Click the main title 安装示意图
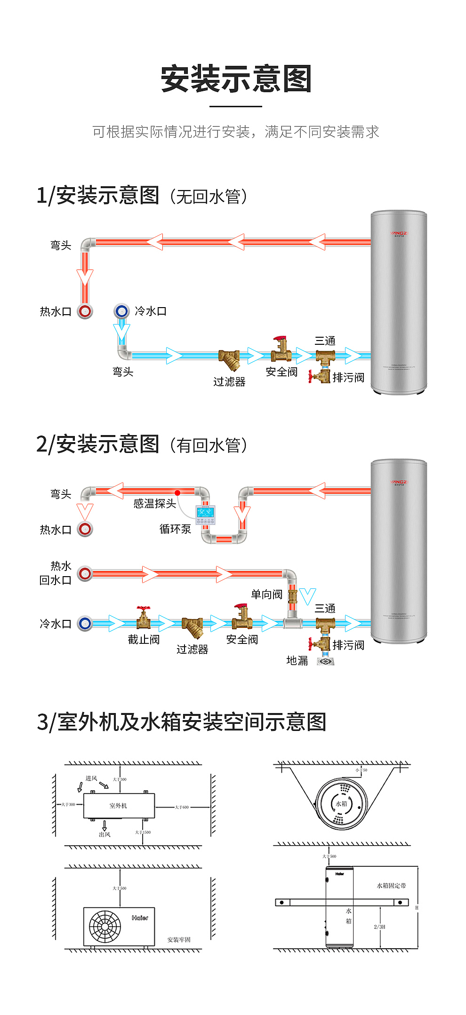coord(236,79)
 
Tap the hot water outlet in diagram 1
coord(85,311)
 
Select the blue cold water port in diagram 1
coord(121,311)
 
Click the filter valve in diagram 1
coord(229,359)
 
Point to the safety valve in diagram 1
coord(281,349)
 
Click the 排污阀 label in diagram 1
coord(348,378)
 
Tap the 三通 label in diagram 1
coord(325,341)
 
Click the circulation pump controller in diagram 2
coord(205,515)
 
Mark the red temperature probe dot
coord(177,492)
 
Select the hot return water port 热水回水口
coord(85,573)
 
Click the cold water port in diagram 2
coord(85,624)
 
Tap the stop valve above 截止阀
coord(144,618)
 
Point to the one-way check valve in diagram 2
coord(292,597)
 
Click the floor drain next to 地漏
coord(325,661)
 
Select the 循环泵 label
coord(175,529)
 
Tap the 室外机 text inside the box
coord(118,806)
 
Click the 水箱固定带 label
coord(391,886)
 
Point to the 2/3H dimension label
coord(379,927)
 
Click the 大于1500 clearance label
coord(143,832)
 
